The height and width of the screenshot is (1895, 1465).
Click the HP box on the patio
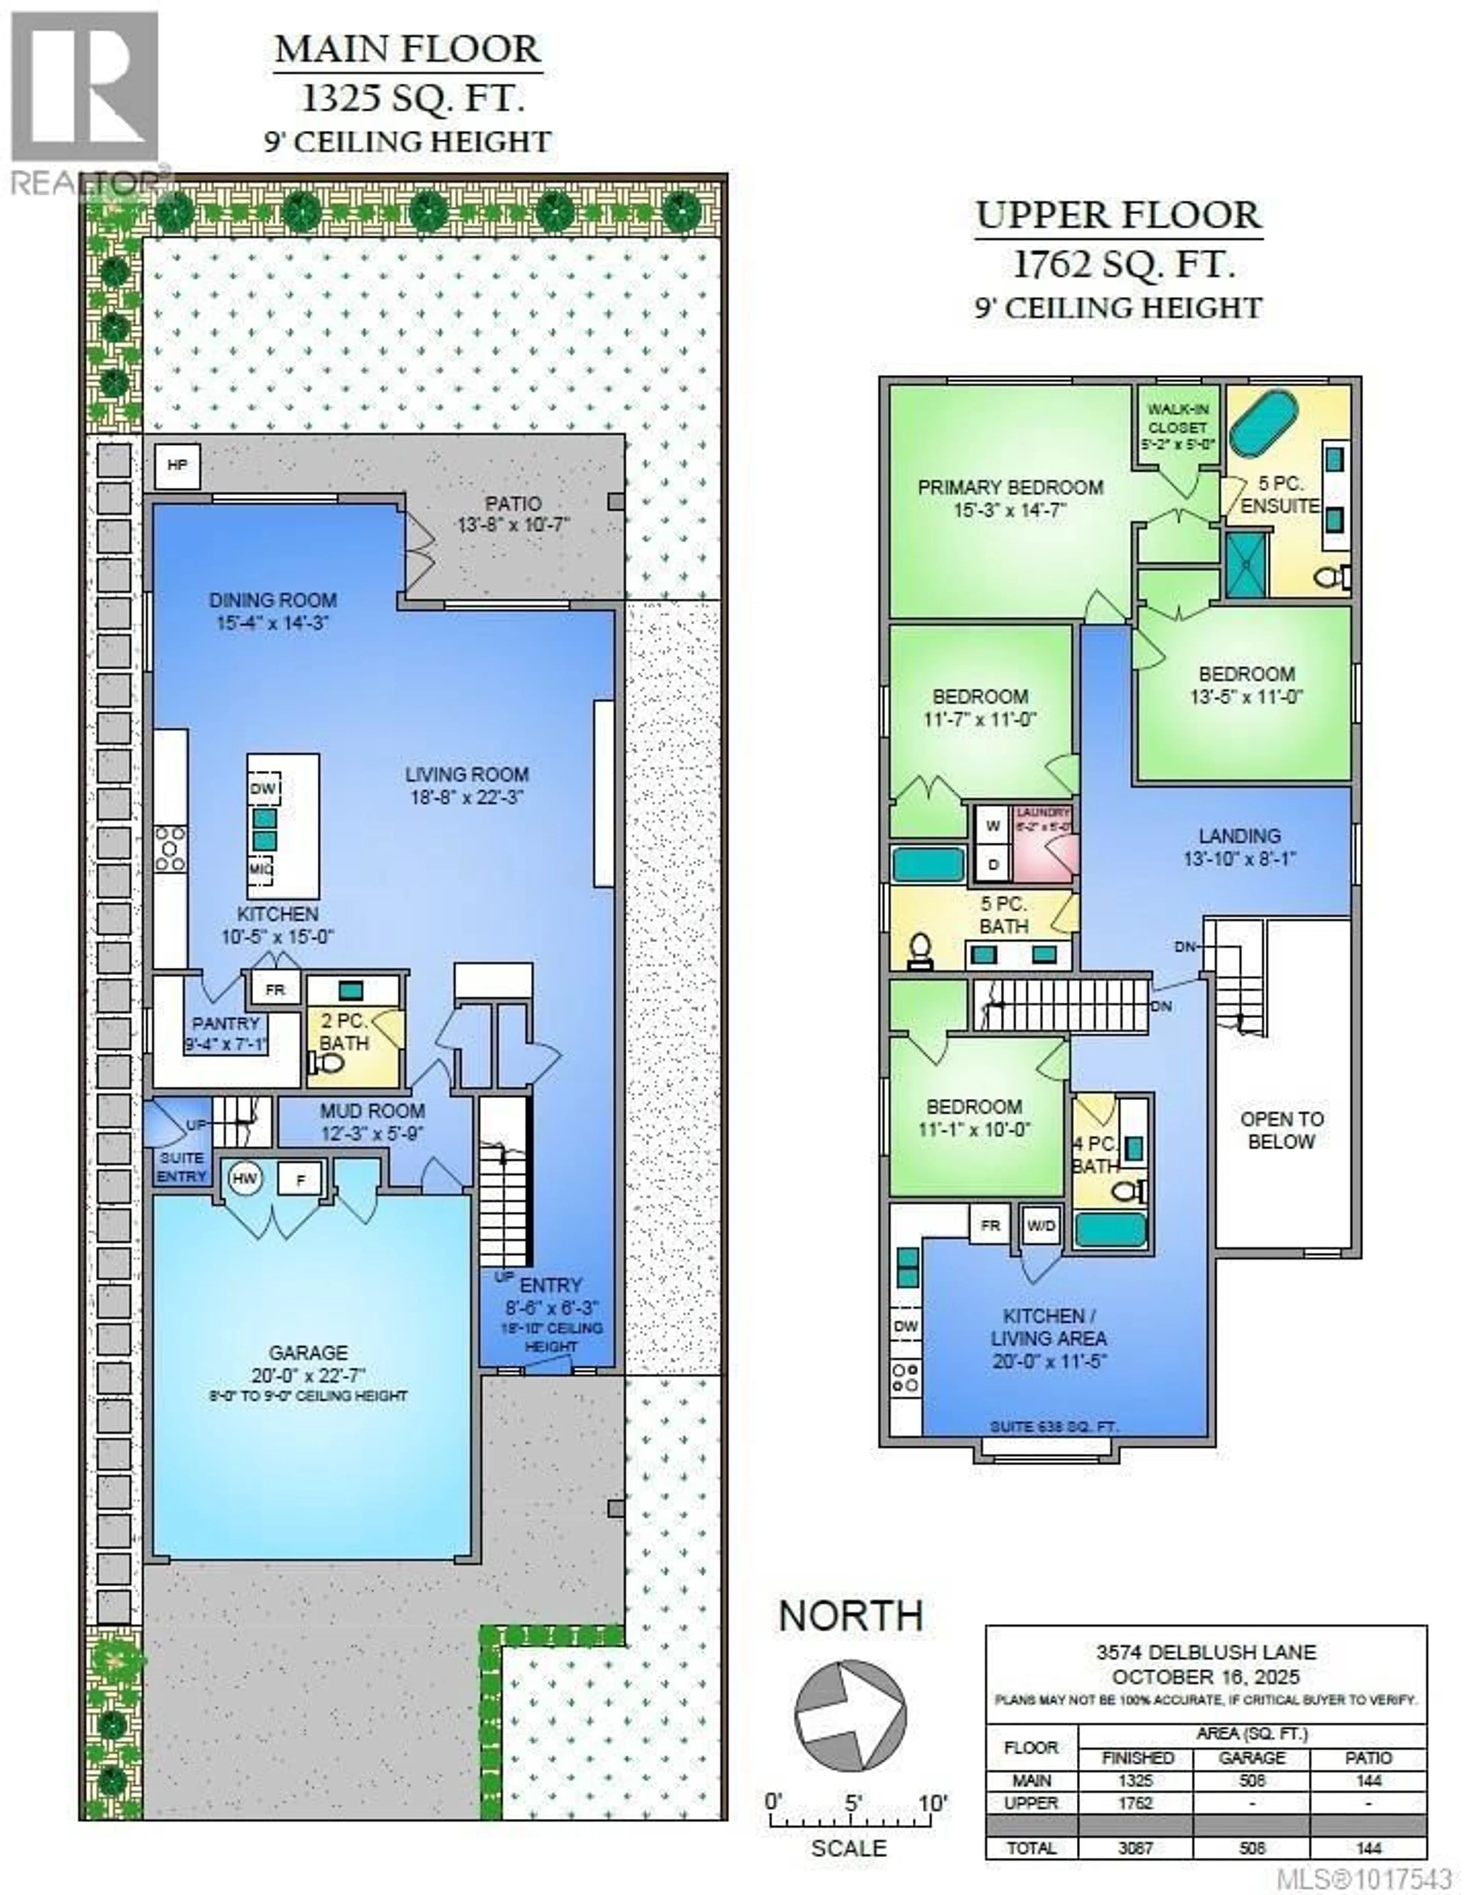point(177,465)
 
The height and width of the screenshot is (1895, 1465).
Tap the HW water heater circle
point(245,1178)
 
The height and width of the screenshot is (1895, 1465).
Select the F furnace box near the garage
point(300,1179)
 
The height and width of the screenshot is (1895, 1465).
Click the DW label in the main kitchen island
point(263,789)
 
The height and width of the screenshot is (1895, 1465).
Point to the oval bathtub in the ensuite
point(1264,421)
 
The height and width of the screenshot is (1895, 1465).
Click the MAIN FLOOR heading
point(408,50)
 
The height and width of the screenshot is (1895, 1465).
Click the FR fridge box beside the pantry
point(275,989)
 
